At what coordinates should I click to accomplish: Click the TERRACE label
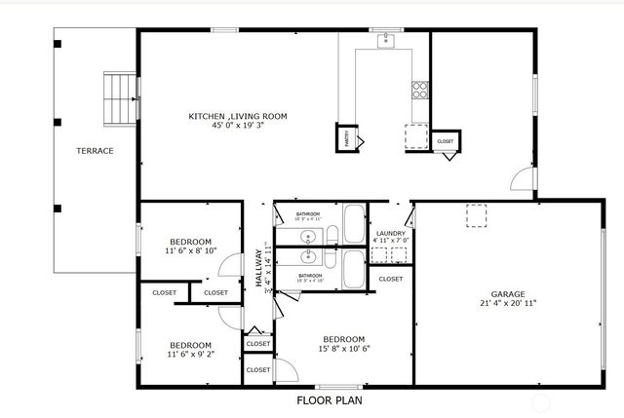pyautogui.click(x=96, y=151)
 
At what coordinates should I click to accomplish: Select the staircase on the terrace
pyautogui.click(x=119, y=99)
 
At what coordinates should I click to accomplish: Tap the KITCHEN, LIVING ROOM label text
pyautogui.click(x=238, y=116)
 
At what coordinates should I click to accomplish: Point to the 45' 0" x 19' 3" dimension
pyautogui.click(x=238, y=126)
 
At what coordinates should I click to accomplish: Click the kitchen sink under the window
pyautogui.click(x=387, y=39)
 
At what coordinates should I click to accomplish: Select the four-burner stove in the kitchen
pyautogui.click(x=420, y=90)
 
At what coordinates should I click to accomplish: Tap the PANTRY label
pyautogui.click(x=345, y=138)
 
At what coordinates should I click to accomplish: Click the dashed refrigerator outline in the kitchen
pyautogui.click(x=415, y=135)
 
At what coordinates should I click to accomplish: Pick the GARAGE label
pyautogui.click(x=508, y=293)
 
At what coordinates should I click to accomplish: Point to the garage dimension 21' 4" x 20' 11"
pyautogui.click(x=508, y=303)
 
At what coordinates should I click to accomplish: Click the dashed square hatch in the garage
pyautogui.click(x=477, y=216)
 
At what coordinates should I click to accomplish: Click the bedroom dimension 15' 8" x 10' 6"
pyautogui.click(x=344, y=349)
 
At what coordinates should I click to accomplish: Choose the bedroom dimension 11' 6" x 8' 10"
pyautogui.click(x=190, y=250)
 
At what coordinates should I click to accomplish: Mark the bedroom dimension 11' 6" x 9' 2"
pyautogui.click(x=190, y=354)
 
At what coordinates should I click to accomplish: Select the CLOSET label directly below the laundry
pyautogui.click(x=390, y=280)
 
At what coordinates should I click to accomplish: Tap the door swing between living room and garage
pyautogui.click(x=523, y=178)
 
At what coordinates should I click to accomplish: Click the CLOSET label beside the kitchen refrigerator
pyautogui.click(x=445, y=142)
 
